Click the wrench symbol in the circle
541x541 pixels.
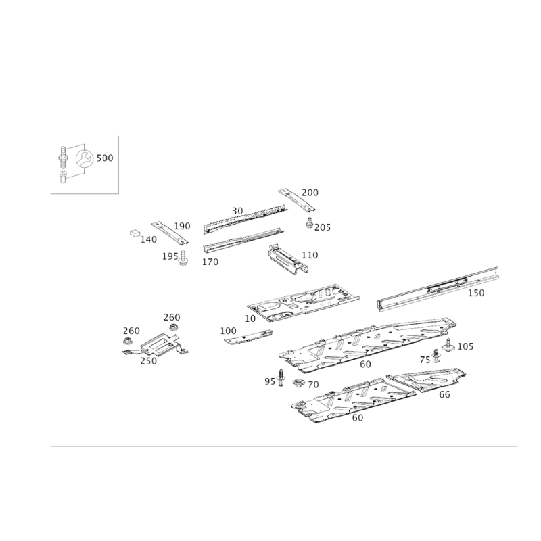[84, 159]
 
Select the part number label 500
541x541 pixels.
[105, 158]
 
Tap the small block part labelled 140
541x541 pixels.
[135, 233]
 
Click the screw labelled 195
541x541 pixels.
[183, 258]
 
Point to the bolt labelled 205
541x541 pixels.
[309, 222]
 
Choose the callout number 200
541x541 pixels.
[310, 193]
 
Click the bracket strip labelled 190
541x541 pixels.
[170, 233]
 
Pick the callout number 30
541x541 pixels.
[237, 211]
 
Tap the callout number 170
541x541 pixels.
[210, 262]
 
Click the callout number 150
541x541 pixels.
[476, 293]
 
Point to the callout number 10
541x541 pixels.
[250, 319]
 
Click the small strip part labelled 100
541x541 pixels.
[248, 336]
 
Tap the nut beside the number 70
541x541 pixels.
[298, 383]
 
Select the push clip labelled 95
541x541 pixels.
[281, 377]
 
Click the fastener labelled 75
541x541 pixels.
[436, 356]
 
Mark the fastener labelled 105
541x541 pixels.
[448, 346]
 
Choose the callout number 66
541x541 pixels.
[444, 394]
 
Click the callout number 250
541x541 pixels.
[148, 361]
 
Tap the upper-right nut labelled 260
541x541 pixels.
[173, 327]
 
